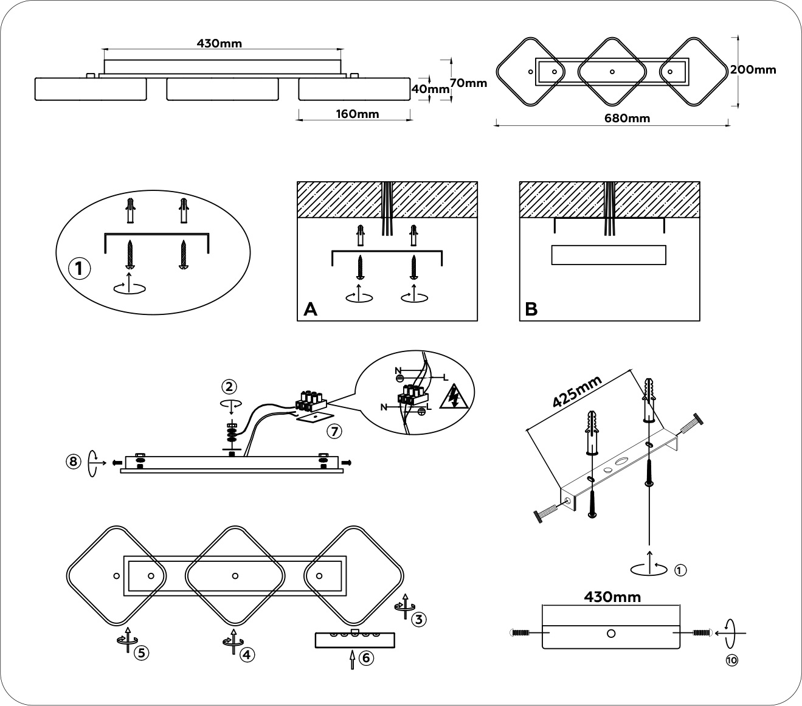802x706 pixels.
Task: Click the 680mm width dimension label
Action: click(x=627, y=118)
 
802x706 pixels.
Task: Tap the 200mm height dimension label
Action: click(x=753, y=69)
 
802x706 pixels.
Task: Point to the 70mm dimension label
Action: click(x=469, y=83)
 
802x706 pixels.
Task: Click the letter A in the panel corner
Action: click(x=310, y=310)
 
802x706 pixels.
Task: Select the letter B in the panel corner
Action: click(x=531, y=310)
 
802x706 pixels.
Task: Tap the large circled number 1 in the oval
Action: click(x=79, y=269)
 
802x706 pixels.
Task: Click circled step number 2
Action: click(x=229, y=386)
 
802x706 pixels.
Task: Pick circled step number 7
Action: click(x=334, y=431)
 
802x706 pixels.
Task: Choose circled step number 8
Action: click(x=74, y=462)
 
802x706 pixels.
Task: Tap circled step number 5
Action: click(x=140, y=653)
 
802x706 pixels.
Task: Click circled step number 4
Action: click(x=246, y=654)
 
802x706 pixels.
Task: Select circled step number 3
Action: click(x=419, y=619)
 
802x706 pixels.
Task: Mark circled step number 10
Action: click(x=731, y=659)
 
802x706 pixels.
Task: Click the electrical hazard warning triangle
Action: click(x=454, y=397)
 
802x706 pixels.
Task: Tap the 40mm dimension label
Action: click(x=430, y=89)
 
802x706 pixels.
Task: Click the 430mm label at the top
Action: click(x=220, y=43)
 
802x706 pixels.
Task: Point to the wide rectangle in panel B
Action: click(x=609, y=255)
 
